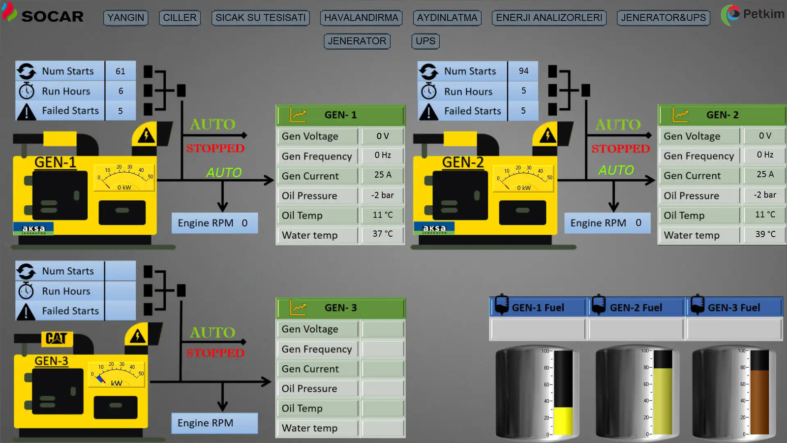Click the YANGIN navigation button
pyautogui.click(x=126, y=18)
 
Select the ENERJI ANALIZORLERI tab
pyautogui.click(x=549, y=18)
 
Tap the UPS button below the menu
pyautogui.click(x=425, y=41)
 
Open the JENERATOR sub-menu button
pyautogui.click(x=357, y=41)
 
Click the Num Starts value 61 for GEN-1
pyautogui.click(x=121, y=71)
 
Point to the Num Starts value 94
pyautogui.click(x=523, y=71)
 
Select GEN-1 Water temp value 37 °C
pyautogui.click(x=383, y=234)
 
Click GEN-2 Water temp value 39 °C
pyautogui.click(x=765, y=234)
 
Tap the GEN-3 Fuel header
pyautogui.click(x=734, y=308)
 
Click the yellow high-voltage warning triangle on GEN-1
pyautogui.click(x=146, y=135)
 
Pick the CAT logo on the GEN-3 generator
pyautogui.click(x=57, y=338)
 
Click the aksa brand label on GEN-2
pyautogui.click(x=434, y=228)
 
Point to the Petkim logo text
pyautogui.click(x=763, y=14)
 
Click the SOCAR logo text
pyautogui.click(x=52, y=17)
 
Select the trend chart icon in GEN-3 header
pyautogui.click(x=298, y=308)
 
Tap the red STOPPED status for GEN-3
pyautogui.click(x=215, y=353)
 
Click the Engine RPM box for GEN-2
pyautogui.click(x=606, y=223)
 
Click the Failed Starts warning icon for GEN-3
pyautogui.click(x=26, y=312)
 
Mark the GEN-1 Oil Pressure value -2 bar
pyautogui.click(x=383, y=195)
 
